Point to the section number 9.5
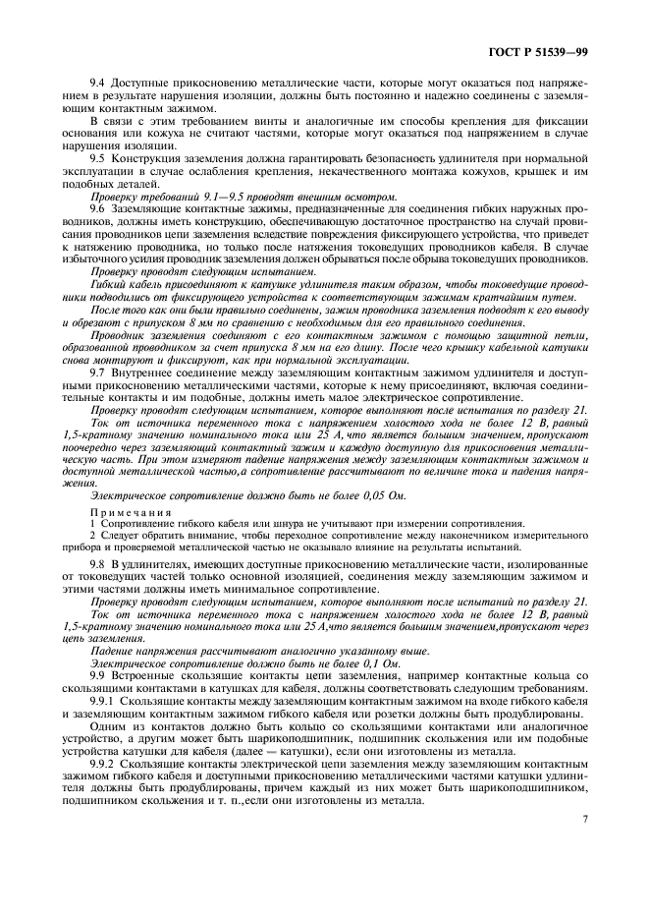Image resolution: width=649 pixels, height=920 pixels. coord(98,157)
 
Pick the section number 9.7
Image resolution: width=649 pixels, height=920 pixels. coord(98,373)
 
